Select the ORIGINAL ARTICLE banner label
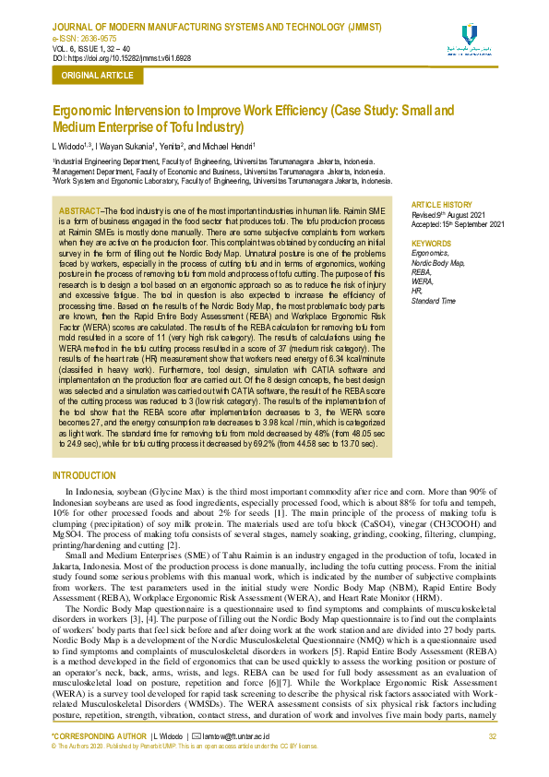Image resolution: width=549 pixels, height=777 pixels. [x=97, y=76]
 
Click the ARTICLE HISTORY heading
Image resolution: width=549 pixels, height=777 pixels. [x=441, y=204]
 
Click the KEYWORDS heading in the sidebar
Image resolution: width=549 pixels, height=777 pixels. [x=431, y=244]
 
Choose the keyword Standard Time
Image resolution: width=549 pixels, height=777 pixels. [x=434, y=301]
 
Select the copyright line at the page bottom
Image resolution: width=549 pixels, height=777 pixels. [x=185, y=745]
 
